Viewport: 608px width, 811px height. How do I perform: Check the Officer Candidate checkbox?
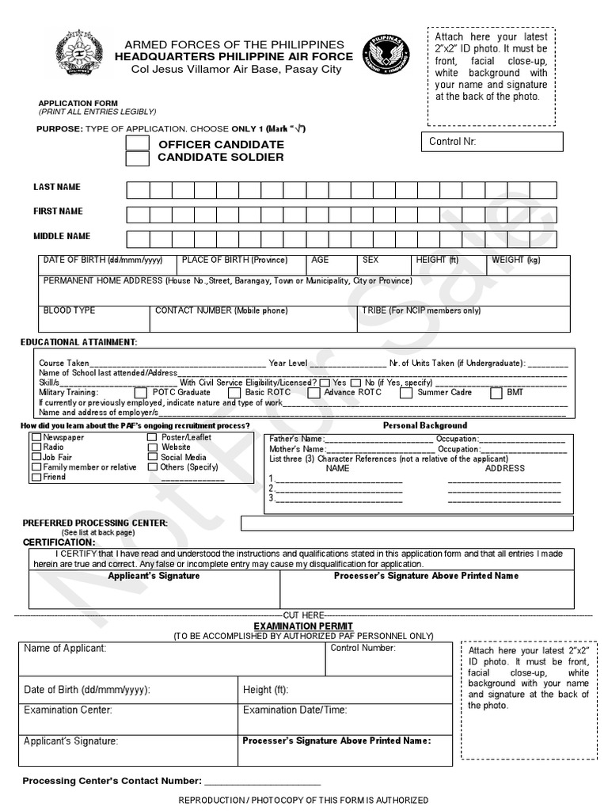point(138,143)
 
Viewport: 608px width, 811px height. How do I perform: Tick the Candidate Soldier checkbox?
point(138,158)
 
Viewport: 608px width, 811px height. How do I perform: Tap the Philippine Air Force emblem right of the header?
point(386,57)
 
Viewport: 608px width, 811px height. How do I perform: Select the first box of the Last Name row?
point(138,190)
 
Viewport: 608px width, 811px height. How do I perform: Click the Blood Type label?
point(69,310)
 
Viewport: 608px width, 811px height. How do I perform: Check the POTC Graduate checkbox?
point(140,392)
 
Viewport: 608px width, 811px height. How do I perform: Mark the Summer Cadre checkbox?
point(405,392)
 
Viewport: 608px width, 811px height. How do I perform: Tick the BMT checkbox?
point(496,392)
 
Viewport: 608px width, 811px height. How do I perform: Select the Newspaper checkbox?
point(36,437)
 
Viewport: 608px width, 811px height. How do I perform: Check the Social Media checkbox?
point(153,457)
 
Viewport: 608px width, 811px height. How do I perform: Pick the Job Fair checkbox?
point(36,457)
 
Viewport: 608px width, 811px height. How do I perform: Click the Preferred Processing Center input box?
point(407,523)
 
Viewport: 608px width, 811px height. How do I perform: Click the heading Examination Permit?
point(303,626)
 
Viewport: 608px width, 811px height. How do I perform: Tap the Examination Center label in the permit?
point(68,710)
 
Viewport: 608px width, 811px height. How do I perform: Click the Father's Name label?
point(296,438)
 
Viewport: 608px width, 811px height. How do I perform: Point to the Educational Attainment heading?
point(78,342)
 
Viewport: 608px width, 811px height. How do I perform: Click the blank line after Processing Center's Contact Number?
point(263,781)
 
